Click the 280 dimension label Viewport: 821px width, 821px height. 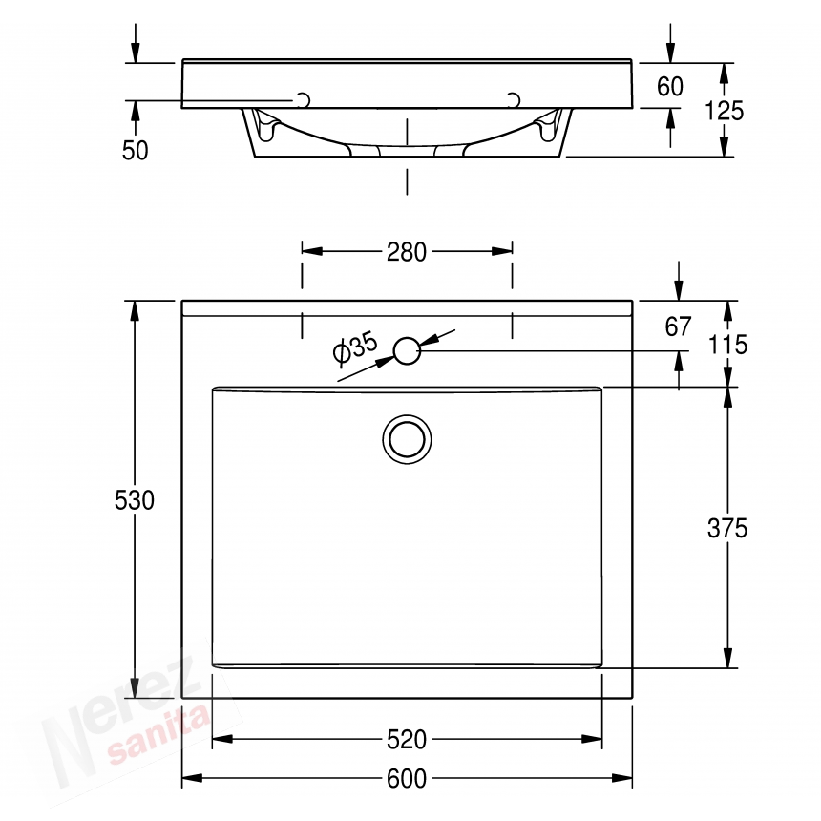[407, 252]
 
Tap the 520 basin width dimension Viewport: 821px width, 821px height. [407, 739]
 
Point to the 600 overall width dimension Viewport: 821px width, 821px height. [407, 779]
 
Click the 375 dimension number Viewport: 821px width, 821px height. [727, 528]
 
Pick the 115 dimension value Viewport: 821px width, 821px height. [727, 345]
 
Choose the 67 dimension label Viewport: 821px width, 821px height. [678, 326]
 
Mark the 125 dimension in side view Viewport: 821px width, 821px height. [724, 110]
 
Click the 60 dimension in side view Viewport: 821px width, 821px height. [670, 87]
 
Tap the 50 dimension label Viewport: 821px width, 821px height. [136, 151]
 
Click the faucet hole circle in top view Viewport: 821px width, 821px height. [407, 351]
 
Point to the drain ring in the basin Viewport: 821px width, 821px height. [407, 439]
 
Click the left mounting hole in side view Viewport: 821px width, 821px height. [305, 100]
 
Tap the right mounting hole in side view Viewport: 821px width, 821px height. [513, 100]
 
